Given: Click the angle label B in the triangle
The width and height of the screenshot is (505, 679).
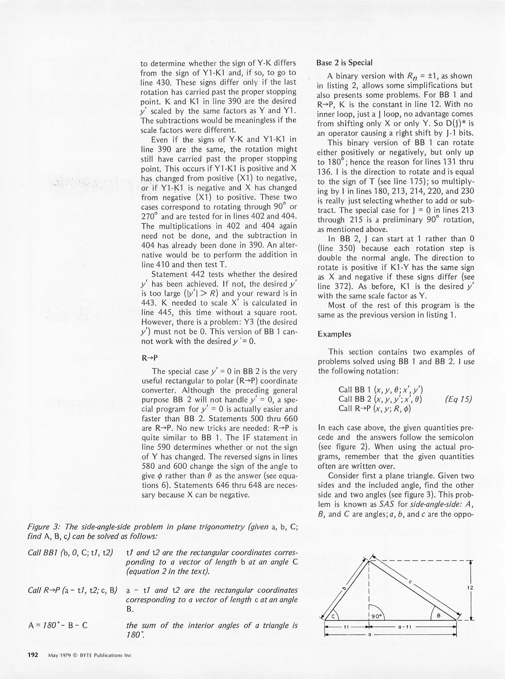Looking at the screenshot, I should click(x=439, y=616).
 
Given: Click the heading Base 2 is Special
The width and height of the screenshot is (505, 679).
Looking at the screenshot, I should click(x=344, y=63).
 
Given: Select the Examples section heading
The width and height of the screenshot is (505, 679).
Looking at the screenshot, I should click(x=334, y=334).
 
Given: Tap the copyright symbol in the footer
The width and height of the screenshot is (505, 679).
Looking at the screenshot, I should click(x=75, y=655).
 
